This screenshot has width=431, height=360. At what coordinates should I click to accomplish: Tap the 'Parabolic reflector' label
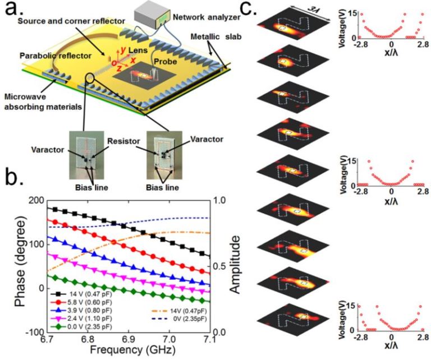[56, 56]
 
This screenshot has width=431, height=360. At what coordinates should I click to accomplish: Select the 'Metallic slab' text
[216, 36]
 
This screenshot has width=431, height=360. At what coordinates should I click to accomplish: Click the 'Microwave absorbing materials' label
[43, 102]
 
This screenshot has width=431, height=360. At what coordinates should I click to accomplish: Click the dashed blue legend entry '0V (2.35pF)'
[179, 319]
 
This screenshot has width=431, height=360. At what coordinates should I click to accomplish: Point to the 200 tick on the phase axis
[36, 201]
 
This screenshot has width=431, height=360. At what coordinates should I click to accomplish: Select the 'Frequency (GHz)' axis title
[132, 349]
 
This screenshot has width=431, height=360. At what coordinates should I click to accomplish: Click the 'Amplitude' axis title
[235, 265]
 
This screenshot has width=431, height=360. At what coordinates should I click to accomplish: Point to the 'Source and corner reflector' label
[71, 21]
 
